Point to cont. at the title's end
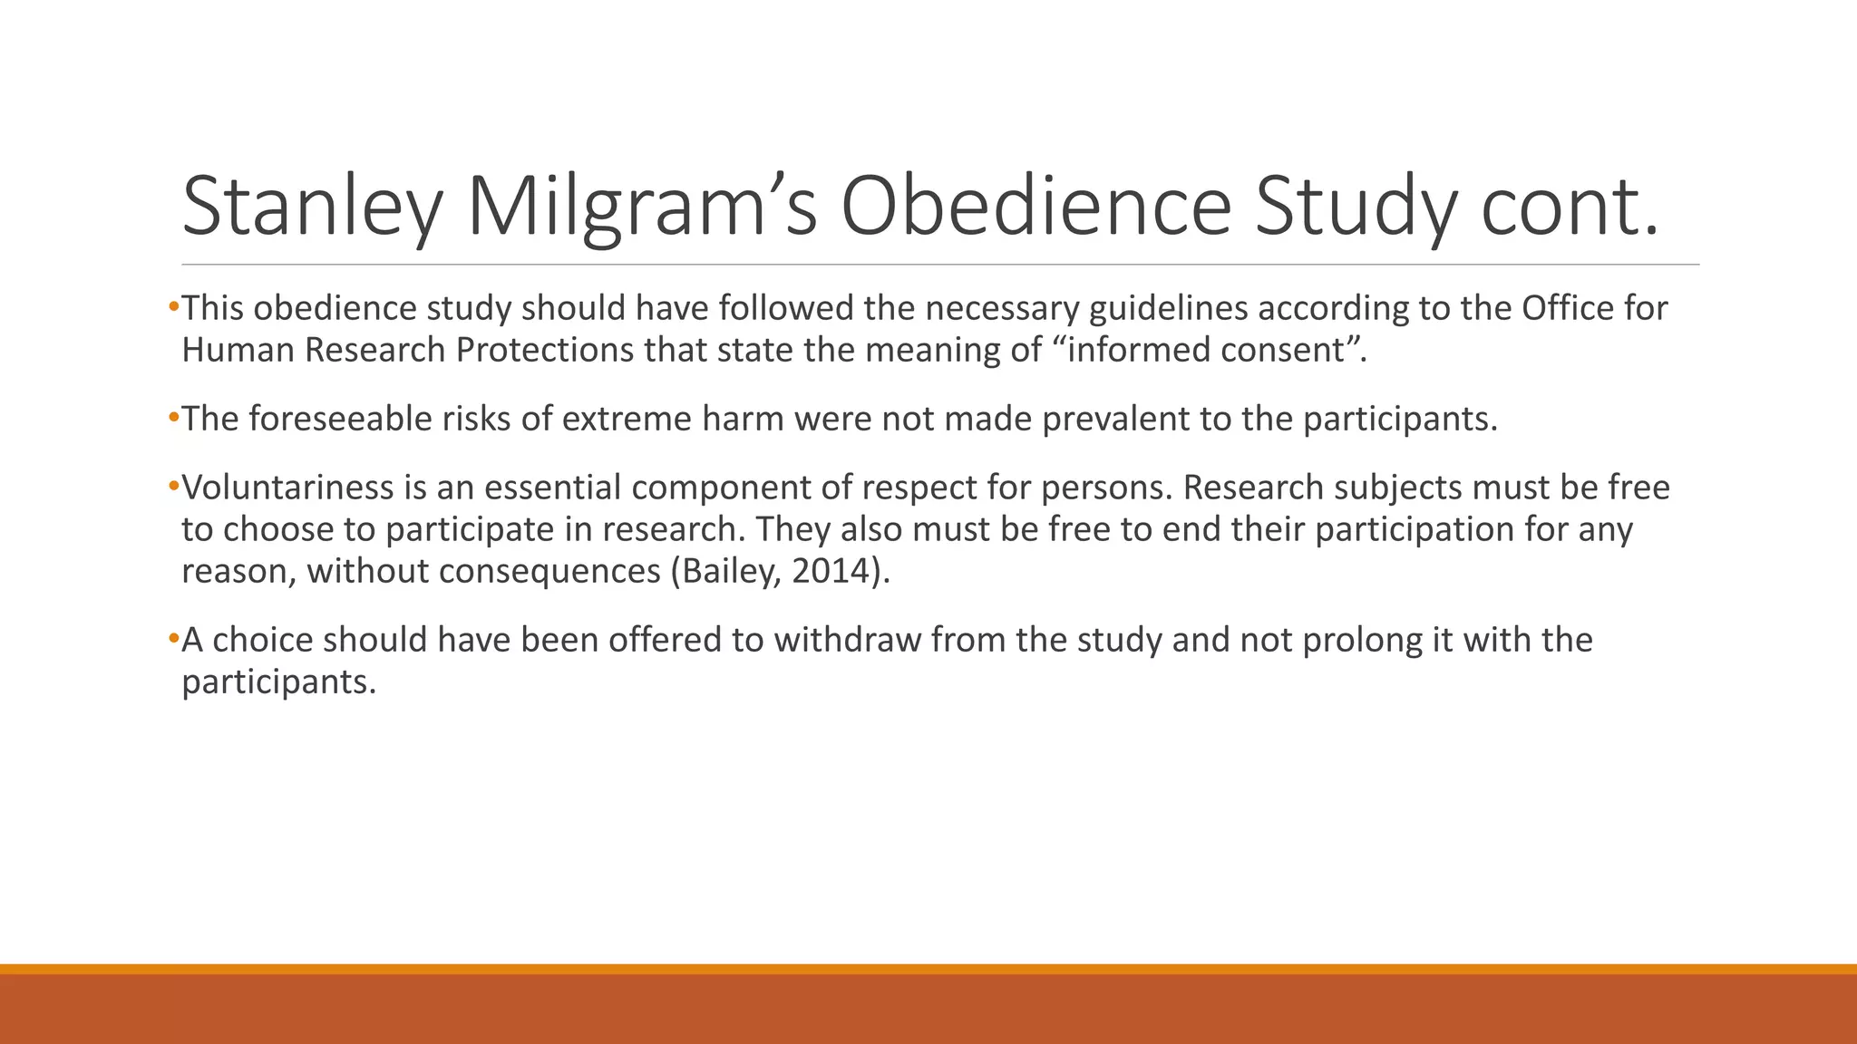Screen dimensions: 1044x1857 click(1570, 207)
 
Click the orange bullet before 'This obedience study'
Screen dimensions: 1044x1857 click(174, 308)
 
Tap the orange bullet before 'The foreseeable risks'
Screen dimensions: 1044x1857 click(174, 419)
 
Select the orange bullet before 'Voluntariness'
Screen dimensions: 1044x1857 click(174, 488)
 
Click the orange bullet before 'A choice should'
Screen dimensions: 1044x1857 click(174, 640)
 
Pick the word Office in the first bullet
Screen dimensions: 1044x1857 click(1568, 308)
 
